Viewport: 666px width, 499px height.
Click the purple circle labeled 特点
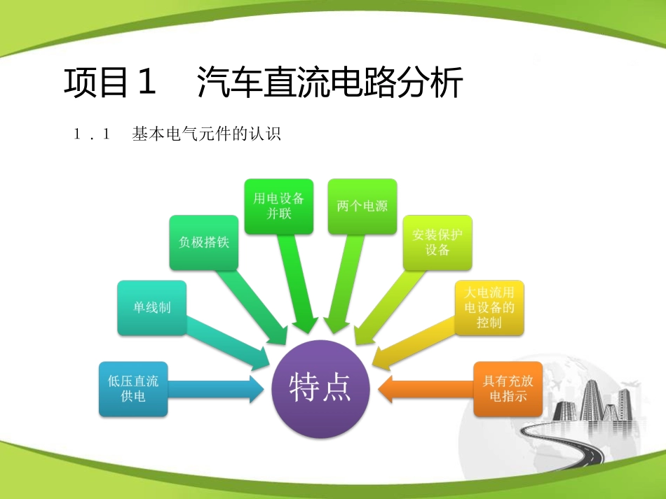click(320, 389)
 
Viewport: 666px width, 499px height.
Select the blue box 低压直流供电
click(133, 388)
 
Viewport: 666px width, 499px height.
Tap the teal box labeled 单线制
click(151, 307)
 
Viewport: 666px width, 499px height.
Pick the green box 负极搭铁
click(204, 242)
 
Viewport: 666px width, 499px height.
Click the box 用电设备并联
click(278, 206)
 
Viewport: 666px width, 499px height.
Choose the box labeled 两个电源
click(362, 206)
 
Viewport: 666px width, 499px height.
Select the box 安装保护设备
click(437, 242)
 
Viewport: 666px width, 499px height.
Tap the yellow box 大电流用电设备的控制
click(489, 307)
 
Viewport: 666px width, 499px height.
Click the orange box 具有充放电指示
click(508, 389)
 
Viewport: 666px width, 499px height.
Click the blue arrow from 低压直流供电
click(214, 389)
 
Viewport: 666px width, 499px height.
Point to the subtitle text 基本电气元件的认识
click(206, 135)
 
